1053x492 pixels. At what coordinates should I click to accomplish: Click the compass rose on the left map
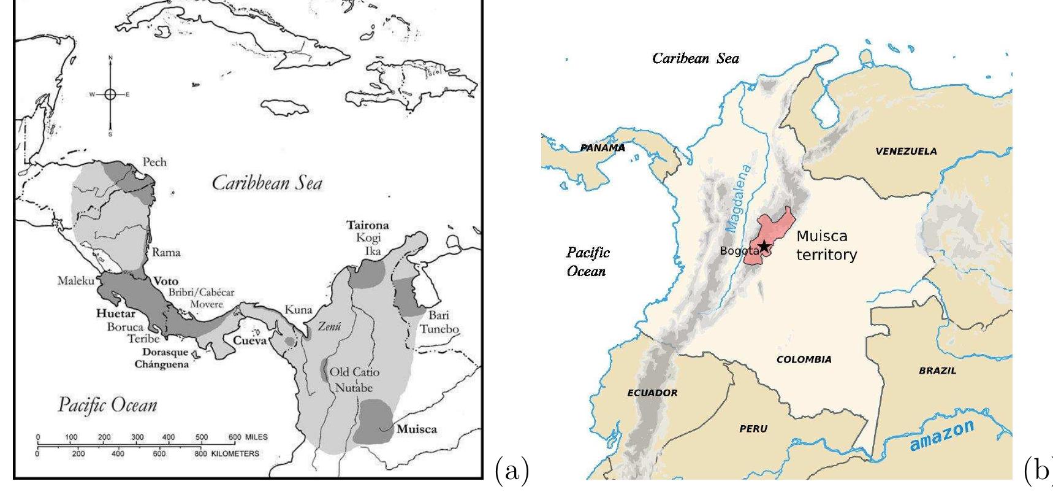pos(110,94)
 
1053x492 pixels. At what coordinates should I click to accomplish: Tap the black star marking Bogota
pos(764,247)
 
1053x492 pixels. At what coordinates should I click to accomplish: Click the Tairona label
pos(368,226)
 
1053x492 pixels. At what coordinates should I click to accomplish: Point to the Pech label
pos(154,162)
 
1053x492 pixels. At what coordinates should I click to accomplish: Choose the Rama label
pos(166,252)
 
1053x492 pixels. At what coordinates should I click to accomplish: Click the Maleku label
pos(76,281)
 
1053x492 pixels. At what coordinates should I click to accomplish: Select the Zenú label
pos(329,327)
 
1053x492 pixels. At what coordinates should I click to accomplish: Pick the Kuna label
pos(298,310)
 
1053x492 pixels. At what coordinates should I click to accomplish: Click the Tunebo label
pos(439,329)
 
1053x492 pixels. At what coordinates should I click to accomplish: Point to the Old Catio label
pos(354,372)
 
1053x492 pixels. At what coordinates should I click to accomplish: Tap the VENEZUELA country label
pos(906,152)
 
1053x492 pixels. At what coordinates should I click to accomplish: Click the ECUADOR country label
pos(652,393)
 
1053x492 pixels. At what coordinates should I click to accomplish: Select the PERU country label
pos(753,429)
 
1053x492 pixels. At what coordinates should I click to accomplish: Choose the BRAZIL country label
pos(937,371)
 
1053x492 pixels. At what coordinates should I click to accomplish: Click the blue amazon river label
pos(941,436)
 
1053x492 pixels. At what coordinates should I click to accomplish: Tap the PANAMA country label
pos(603,148)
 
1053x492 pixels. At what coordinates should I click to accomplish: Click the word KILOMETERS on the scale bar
pos(235,454)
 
